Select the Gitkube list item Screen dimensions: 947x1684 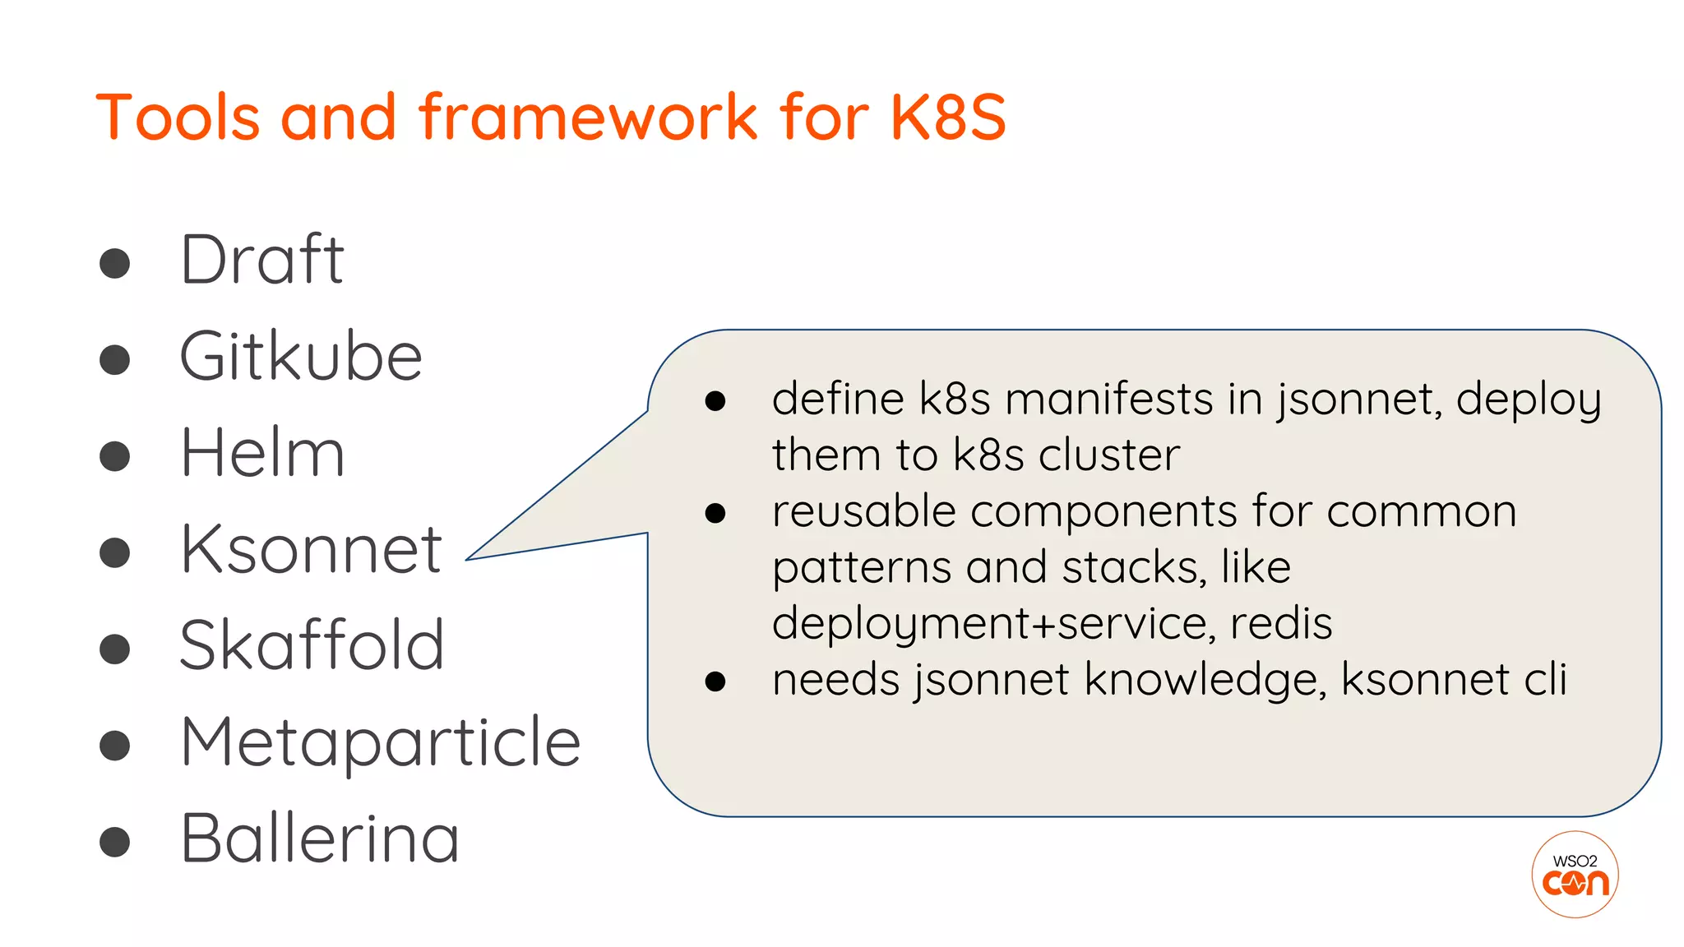(x=301, y=357)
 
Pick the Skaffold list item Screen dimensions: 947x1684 (x=312, y=645)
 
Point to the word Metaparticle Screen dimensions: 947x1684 (x=380, y=742)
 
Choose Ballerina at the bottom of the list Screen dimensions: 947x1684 (x=319, y=838)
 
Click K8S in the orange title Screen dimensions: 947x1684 (x=947, y=118)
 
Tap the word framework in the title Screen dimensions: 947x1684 (x=589, y=118)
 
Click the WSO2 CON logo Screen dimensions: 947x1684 (x=1575, y=875)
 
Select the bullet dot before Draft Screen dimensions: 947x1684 (x=115, y=264)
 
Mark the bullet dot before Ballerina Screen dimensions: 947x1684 (x=115, y=842)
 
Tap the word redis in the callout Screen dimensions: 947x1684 (x=1280, y=623)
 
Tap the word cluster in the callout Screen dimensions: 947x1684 (x=1108, y=455)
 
